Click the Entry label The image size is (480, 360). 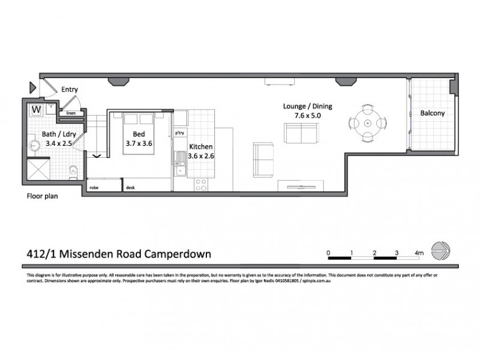69,90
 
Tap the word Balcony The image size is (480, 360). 432,113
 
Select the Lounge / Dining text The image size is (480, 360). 307,107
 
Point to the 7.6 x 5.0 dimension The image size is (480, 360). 307,117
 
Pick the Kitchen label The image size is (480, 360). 201,146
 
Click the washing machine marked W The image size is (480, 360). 37,110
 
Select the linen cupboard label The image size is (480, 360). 71,113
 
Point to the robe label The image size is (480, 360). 94,188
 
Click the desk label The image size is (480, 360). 130,188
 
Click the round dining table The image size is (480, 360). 367,122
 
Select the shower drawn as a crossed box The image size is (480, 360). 40,169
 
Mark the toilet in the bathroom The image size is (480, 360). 73,172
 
